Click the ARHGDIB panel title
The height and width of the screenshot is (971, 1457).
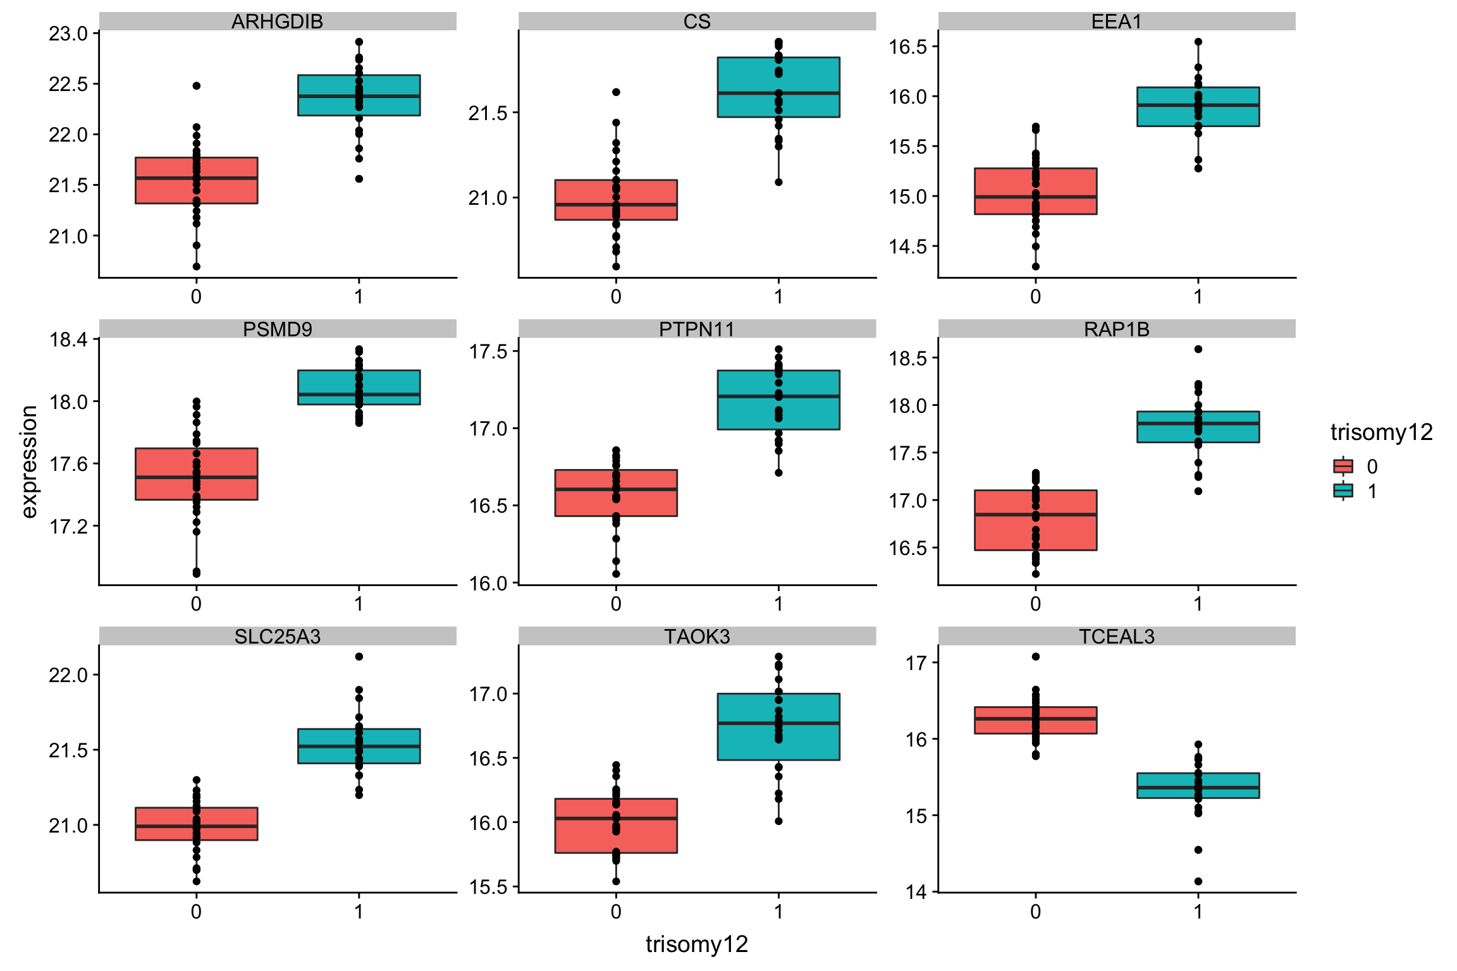[x=277, y=21]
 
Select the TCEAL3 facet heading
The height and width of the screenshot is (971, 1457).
[x=1116, y=636]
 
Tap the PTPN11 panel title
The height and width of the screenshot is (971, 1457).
[x=697, y=329]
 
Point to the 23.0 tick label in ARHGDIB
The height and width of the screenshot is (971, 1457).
[x=68, y=34]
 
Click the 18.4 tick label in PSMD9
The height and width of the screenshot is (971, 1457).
[x=68, y=339]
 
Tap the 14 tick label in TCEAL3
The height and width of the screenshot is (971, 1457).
[x=916, y=892]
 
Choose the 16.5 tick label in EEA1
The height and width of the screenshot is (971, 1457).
[x=907, y=47]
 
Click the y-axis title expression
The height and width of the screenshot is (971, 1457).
[x=30, y=461]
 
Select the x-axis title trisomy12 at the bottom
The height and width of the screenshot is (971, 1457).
[x=697, y=944]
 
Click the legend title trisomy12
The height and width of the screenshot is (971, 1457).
[x=1381, y=432]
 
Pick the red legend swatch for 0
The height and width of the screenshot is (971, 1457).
[x=1343, y=467]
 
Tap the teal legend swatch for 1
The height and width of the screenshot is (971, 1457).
[x=1343, y=491]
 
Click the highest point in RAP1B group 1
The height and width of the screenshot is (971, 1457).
[x=1198, y=349]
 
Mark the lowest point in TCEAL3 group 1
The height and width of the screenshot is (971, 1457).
[x=1198, y=881]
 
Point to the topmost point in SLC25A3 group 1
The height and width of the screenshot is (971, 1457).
[x=359, y=656]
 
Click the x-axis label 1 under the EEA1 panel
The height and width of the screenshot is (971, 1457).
[x=1198, y=296]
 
